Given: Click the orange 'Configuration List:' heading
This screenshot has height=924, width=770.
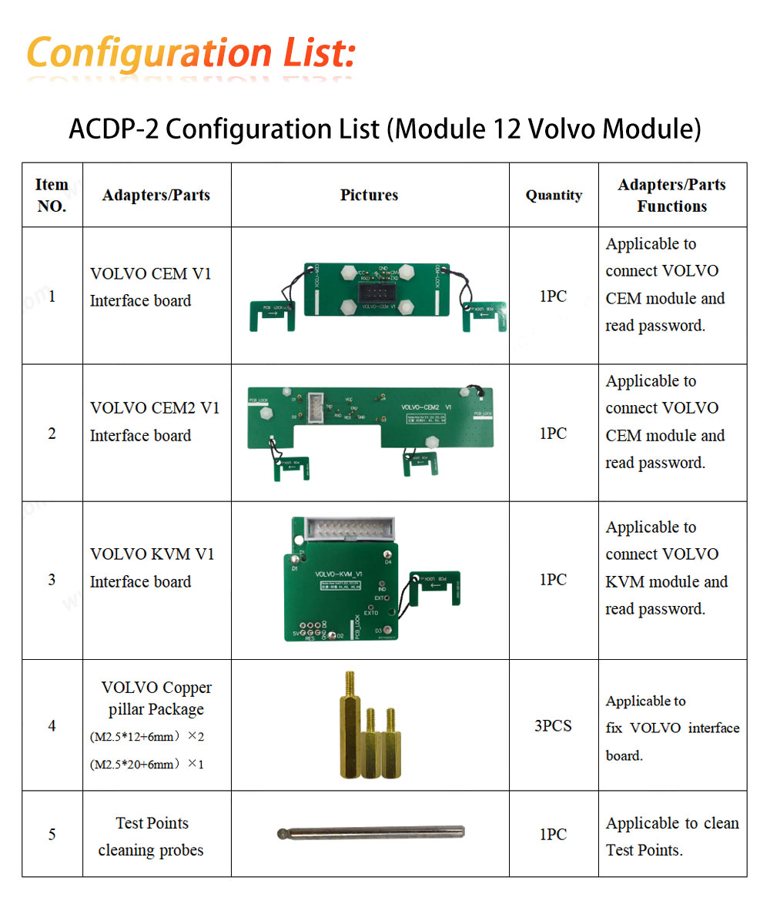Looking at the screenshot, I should [191, 54].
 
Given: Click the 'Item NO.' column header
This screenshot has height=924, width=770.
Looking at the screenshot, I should [52, 195].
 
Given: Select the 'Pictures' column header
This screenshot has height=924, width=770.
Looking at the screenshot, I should [369, 195].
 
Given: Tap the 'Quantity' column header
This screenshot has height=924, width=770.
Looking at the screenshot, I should [554, 195].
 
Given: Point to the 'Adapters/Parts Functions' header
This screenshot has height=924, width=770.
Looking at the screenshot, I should [671, 195].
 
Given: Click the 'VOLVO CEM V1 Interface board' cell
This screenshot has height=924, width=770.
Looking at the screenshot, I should [150, 287].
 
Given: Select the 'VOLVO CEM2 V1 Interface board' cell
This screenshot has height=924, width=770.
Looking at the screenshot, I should [154, 422].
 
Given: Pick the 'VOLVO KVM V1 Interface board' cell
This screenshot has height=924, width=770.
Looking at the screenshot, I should [152, 568].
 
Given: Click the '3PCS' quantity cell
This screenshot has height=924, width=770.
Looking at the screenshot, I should [553, 725].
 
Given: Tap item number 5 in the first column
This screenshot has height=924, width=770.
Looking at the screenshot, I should [52, 834].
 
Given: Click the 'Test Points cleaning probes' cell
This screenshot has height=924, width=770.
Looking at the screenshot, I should [151, 836].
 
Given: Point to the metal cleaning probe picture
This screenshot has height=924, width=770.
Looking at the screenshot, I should [370, 832].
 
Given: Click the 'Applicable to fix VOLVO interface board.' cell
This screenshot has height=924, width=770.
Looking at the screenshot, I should [671, 728].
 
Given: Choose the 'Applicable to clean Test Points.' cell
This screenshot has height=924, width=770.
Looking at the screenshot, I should [671, 836].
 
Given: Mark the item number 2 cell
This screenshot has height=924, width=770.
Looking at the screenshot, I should [52, 434].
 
